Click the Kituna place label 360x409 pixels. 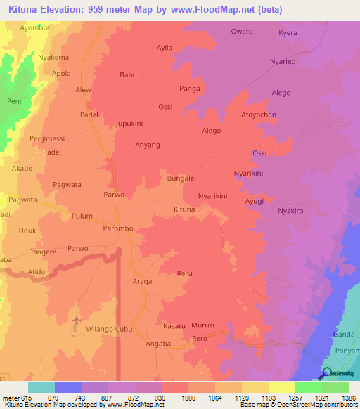point(184,209)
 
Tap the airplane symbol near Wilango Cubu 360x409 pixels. point(77,320)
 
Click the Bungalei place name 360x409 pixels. point(181,178)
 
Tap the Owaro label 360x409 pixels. point(242,32)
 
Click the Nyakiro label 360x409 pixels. point(290,210)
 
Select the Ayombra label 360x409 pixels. point(35,28)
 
